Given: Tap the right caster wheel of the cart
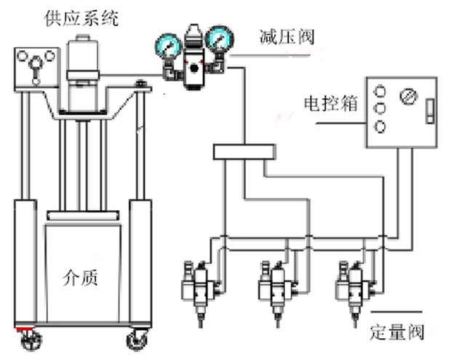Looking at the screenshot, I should (x=136, y=339).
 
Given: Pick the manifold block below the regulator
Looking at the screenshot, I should (x=244, y=151).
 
